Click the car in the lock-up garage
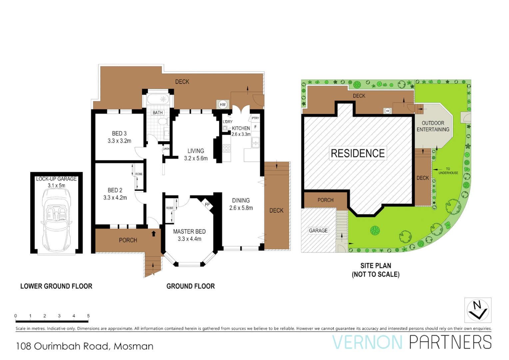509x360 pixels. coord(56,220)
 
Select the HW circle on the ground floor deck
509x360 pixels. coord(223,105)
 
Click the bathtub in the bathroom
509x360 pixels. coord(158,99)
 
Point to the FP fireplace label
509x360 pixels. coord(207,204)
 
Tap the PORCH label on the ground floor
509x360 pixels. coord(128,240)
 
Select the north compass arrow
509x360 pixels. coord(478,310)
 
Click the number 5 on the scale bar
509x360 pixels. coord(88,316)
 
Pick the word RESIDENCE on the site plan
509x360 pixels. coord(358,153)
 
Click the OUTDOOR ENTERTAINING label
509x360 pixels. coord(433,126)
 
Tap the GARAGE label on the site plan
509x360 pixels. coord(318,230)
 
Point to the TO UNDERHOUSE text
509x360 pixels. coord(448,171)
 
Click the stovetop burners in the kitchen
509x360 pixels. coord(227,148)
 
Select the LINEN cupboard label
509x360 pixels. coord(166,149)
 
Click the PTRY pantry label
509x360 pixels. coord(255,118)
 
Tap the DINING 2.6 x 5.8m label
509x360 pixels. coord(241,204)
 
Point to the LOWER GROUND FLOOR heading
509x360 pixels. coord(56,286)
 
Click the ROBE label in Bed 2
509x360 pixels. coord(139,174)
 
